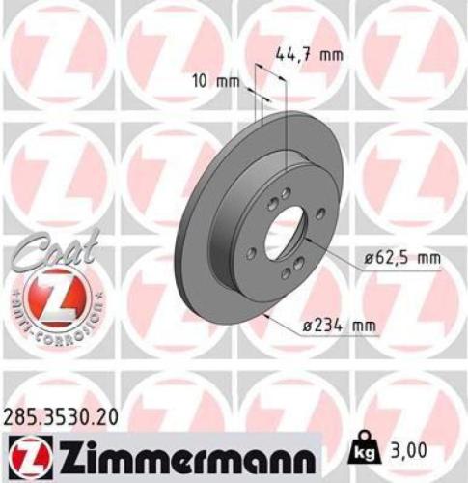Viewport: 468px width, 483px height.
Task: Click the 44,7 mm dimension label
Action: click(310, 55)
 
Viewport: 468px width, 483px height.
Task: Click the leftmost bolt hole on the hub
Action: click(252, 253)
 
